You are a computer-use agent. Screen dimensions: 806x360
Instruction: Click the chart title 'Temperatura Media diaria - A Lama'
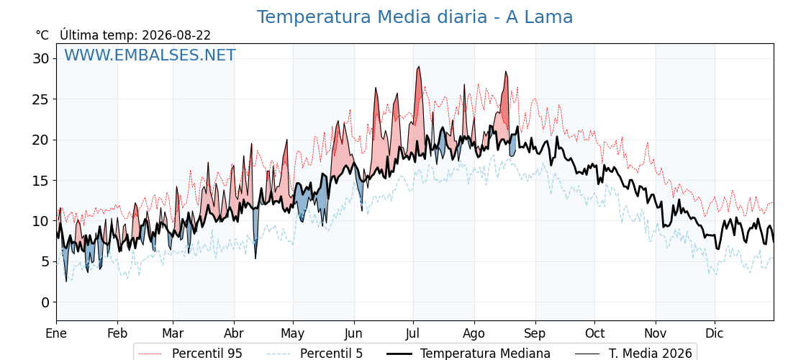[x=415, y=17]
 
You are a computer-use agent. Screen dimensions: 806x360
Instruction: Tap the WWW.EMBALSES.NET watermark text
[x=150, y=55]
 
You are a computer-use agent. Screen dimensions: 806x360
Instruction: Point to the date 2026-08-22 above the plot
[x=176, y=35]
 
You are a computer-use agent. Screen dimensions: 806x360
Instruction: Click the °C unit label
[x=42, y=35]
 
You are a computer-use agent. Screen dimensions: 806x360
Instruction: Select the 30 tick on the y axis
[x=41, y=58]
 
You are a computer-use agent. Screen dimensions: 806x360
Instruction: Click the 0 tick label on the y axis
[x=45, y=302]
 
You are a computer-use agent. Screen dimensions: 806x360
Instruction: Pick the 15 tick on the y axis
[x=41, y=181]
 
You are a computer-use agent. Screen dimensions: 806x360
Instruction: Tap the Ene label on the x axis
[x=56, y=333]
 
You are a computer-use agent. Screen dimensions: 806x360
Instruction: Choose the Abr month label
[x=234, y=333]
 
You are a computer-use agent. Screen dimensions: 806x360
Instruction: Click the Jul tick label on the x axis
[x=413, y=333]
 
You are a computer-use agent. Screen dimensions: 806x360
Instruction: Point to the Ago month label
[x=474, y=333]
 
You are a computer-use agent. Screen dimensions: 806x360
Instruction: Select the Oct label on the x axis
[x=594, y=333]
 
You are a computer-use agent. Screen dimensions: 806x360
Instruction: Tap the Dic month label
[x=715, y=333]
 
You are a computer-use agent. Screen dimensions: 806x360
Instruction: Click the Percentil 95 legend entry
[x=191, y=354]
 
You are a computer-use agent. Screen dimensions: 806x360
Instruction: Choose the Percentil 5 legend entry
[x=315, y=354]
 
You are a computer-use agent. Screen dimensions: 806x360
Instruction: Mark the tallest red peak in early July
[x=419, y=66]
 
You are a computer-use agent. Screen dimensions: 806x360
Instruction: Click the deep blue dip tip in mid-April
[x=255, y=258]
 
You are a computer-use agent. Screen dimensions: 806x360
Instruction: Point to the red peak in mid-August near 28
[x=506, y=71]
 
